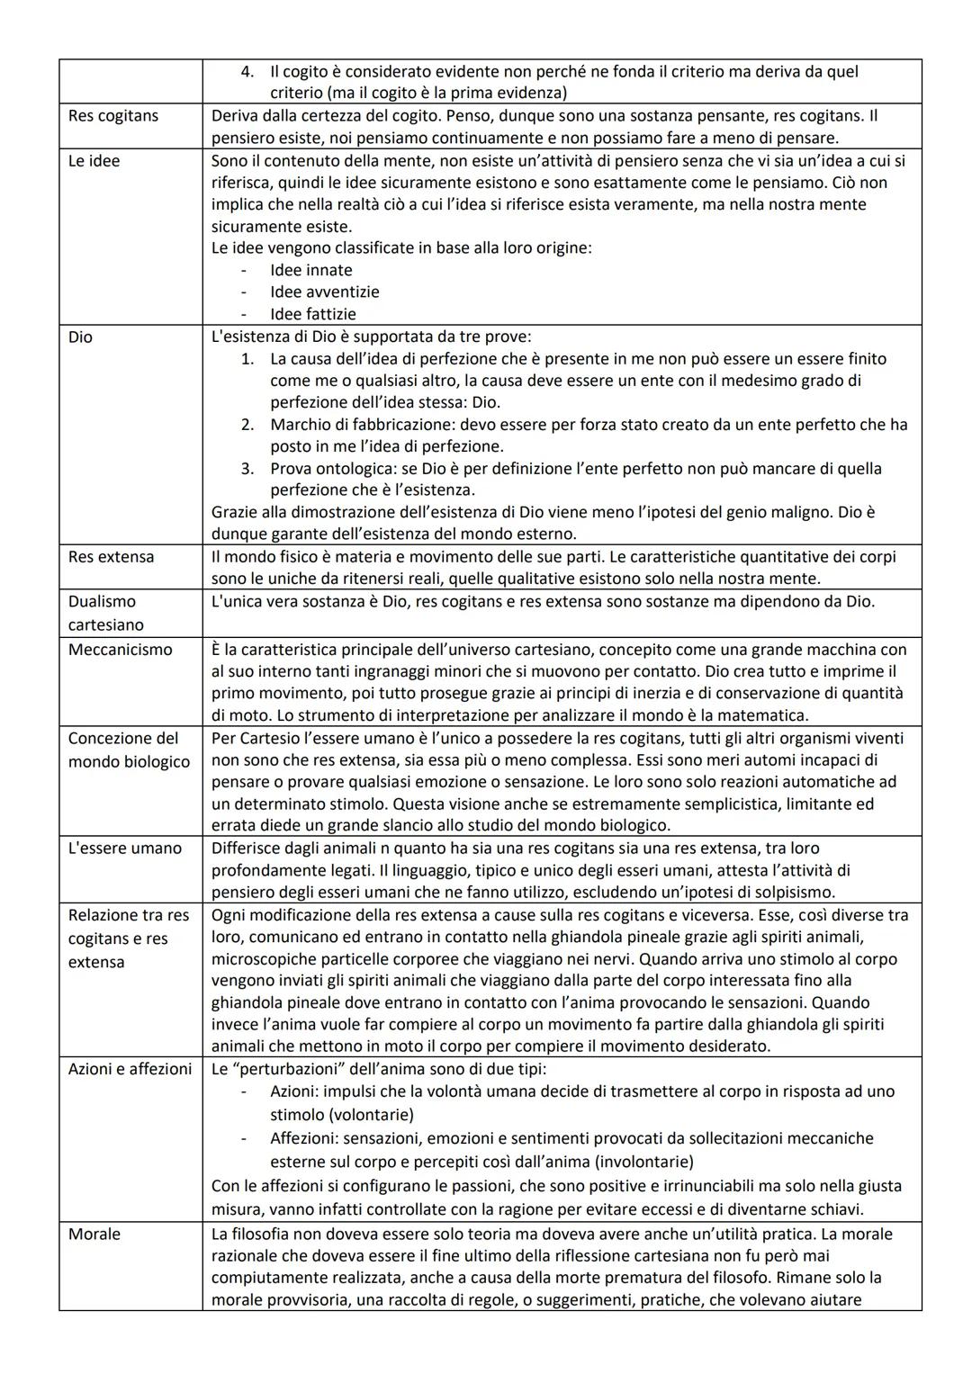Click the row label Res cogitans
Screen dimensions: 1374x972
point(112,116)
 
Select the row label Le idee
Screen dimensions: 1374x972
point(94,161)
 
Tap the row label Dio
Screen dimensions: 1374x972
point(80,337)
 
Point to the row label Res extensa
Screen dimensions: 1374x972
point(111,557)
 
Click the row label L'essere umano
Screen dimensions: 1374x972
point(124,849)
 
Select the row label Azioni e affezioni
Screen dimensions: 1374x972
point(130,1069)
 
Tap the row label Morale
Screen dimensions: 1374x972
point(94,1235)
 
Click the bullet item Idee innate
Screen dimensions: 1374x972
point(310,270)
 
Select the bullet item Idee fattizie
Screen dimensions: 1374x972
point(312,314)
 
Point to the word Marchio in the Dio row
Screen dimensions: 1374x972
point(300,425)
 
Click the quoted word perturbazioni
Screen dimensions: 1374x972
point(303,1069)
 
